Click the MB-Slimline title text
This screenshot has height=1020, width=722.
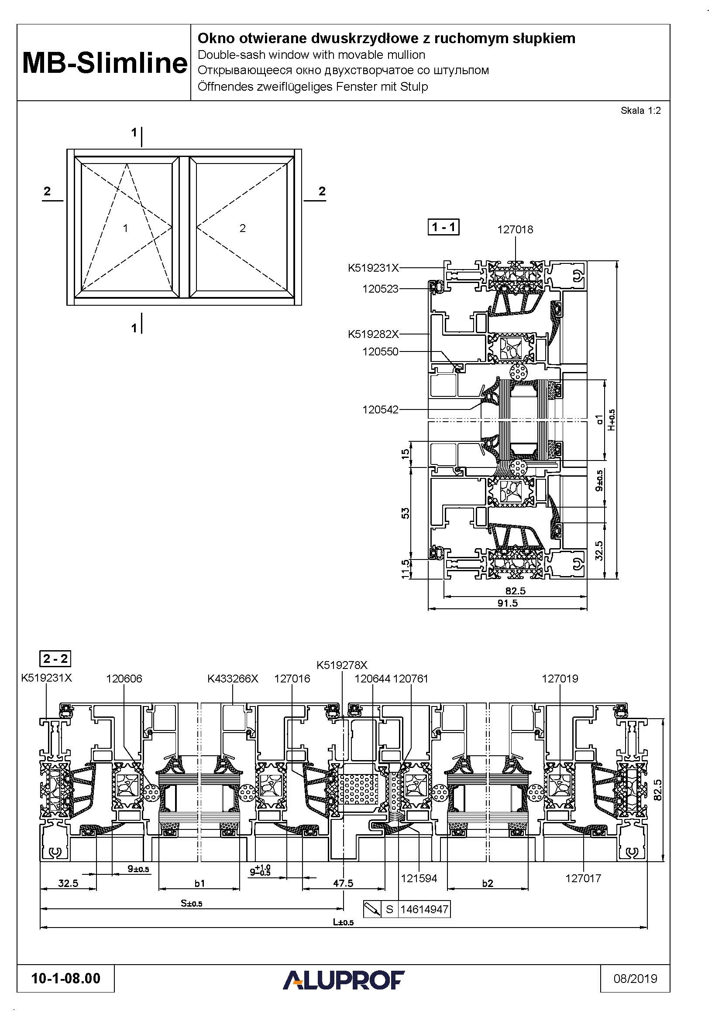[104, 63]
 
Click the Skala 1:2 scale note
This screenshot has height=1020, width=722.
[640, 111]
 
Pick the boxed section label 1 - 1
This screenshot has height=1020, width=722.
[443, 227]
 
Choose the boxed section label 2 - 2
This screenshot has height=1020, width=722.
[55, 659]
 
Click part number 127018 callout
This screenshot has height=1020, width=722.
[515, 230]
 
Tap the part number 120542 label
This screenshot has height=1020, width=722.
[380, 409]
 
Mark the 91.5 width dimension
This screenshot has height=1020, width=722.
[507, 603]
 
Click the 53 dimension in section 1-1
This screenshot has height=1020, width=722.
[406, 513]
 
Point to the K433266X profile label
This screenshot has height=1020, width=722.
[233, 679]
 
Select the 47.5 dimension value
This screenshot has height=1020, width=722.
[343, 883]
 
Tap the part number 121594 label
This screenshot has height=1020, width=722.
[419, 878]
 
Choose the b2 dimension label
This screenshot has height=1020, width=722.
[488, 884]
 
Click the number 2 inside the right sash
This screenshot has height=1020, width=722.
[242, 229]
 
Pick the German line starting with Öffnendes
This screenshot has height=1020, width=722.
[313, 87]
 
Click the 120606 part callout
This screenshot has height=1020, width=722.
[124, 679]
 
